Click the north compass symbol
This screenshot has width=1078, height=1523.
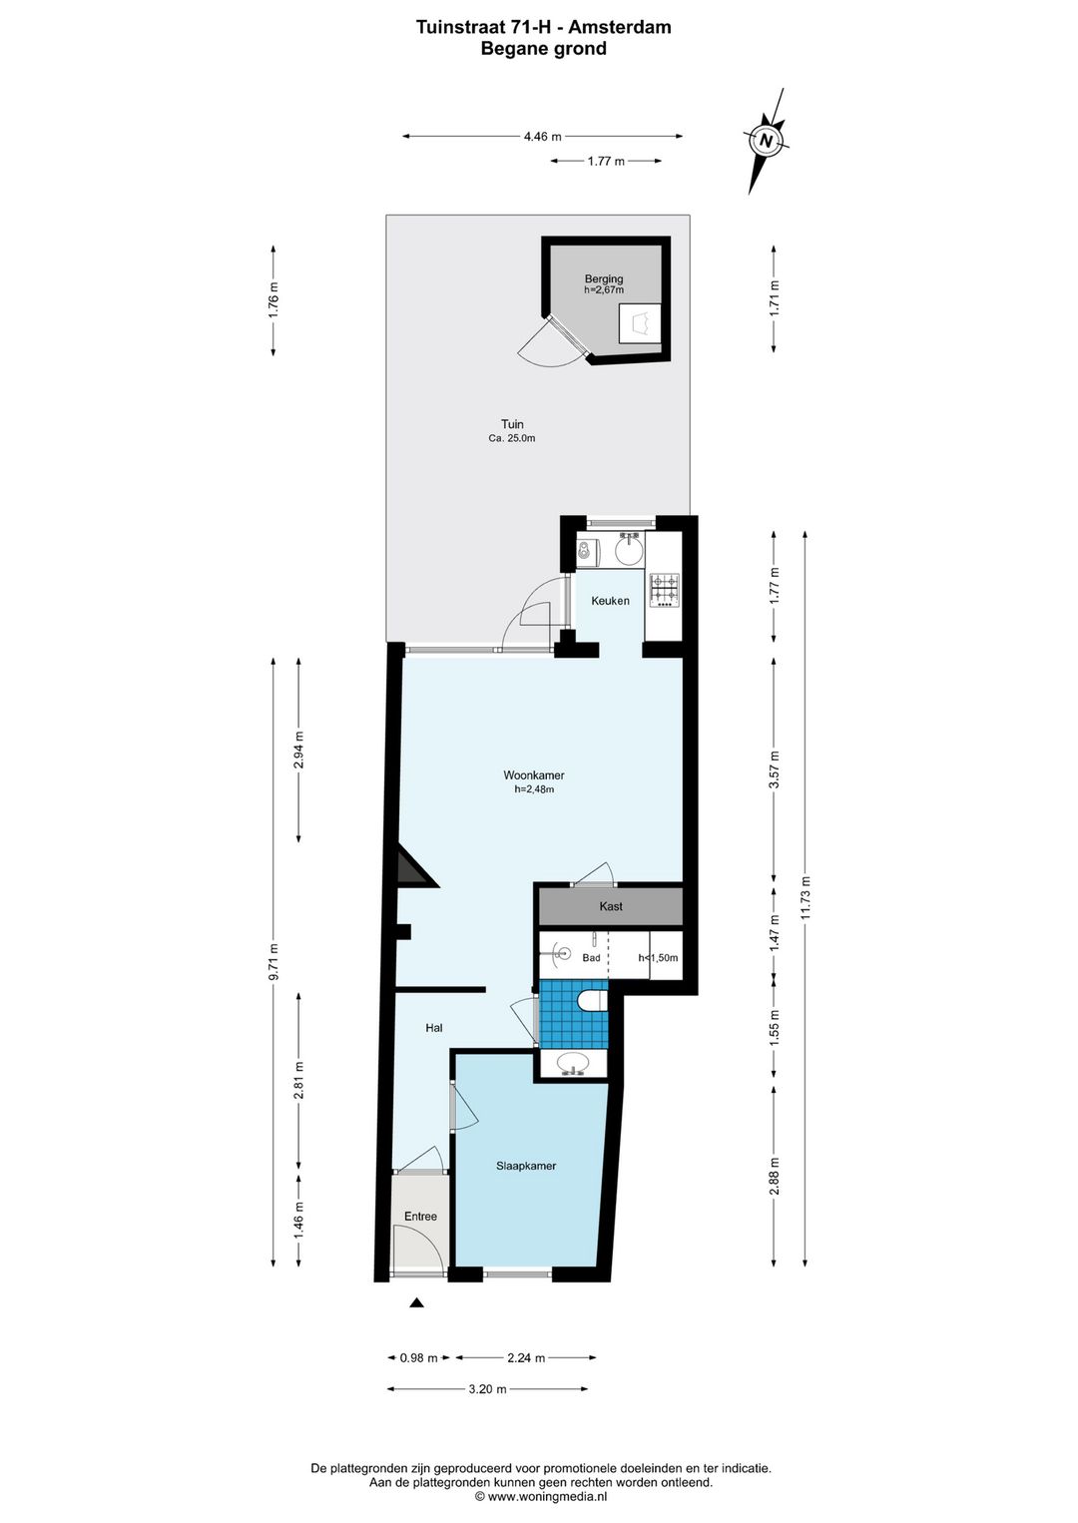tap(766, 141)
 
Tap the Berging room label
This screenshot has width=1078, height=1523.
tap(604, 278)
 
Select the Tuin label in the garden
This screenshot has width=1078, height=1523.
tap(512, 424)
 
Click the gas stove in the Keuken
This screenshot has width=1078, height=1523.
tap(665, 590)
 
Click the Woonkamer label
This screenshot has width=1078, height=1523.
tap(534, 775)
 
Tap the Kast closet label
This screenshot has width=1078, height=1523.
tap(611, 906)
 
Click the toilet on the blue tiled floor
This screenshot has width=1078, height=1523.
tap(591, 1001)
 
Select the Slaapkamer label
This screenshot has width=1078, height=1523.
tap(526, 1166)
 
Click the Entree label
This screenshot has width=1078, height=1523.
tap(420, 1217)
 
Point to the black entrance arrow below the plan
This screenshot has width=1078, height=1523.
tap(417, 1303)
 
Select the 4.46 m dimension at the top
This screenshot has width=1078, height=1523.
tap(543, 137)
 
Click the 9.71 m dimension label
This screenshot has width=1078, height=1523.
tap(273, 961)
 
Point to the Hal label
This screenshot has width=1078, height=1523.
tap(434, 1028)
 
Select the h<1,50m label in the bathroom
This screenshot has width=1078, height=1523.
tap(658, 958)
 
